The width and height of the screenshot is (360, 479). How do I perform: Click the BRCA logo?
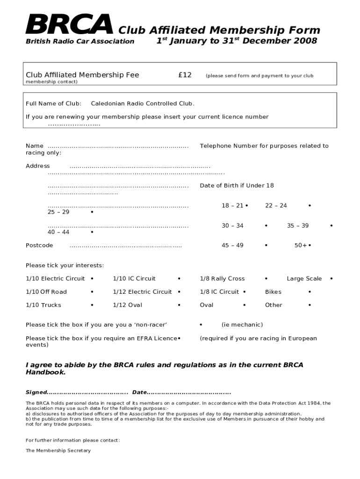point(69,25)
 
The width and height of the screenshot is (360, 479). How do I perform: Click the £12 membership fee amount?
point(185,75)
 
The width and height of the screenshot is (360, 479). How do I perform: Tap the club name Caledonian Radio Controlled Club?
point(142,103)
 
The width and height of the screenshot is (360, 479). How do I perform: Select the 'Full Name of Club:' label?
point(53,103)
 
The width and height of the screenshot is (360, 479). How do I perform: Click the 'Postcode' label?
point(39,245)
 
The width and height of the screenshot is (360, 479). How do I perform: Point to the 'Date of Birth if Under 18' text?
point(237,185)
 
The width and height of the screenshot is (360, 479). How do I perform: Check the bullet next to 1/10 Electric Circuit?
point(92,278)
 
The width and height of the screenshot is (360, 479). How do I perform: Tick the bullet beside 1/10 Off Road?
point(92,291)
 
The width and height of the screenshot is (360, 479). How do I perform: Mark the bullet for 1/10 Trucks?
point(92,305)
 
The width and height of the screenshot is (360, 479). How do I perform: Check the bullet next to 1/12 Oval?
point(179,305)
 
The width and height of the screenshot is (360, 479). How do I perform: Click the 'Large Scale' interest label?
point(304,278)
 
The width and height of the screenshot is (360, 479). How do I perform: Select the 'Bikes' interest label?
point(273,291)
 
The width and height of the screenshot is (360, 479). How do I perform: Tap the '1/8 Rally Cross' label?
point(222,278)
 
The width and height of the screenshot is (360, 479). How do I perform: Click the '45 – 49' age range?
point(232,245)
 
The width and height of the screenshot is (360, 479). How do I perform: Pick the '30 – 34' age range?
point(232,225)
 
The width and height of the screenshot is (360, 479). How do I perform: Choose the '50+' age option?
point(301,245)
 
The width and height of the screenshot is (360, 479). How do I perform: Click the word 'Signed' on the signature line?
point(36,392)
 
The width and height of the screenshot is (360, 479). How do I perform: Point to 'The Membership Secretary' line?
point(58,450)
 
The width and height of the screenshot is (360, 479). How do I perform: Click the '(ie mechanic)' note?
point(242,325)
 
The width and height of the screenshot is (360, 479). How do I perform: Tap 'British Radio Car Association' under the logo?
point(79,41)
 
